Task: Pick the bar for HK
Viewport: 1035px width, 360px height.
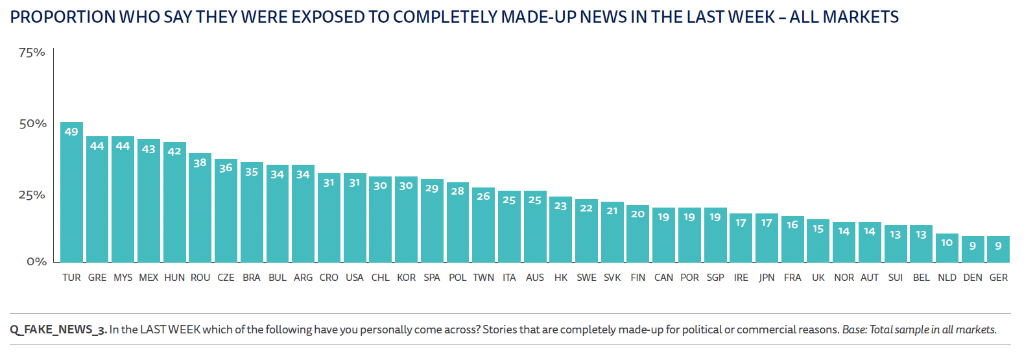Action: [x=560, y=230]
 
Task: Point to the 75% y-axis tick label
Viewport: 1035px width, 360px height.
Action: [x=32, y=53]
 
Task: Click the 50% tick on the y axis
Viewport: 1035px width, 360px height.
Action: [x=32, y=123]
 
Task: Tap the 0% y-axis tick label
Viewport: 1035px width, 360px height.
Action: [x=36, y=261]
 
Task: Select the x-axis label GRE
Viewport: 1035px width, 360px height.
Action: [x=97, y=278]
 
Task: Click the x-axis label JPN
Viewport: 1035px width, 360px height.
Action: [x=767, y=278]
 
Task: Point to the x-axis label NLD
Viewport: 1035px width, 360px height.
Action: [x=947, y=278]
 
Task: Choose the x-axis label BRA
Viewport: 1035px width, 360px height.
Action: [x=252, y=278]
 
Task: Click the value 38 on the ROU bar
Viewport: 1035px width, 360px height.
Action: [x=200, y=163]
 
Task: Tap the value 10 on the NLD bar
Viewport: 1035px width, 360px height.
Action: [x=947, y=243]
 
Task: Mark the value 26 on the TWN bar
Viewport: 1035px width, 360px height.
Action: [x=483, y=196]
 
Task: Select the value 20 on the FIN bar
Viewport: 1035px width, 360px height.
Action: [x=637, y=213]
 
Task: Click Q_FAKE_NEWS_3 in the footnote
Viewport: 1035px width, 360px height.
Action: [x=58, y=330]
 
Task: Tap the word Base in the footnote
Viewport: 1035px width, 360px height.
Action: [x=853, y=330]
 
